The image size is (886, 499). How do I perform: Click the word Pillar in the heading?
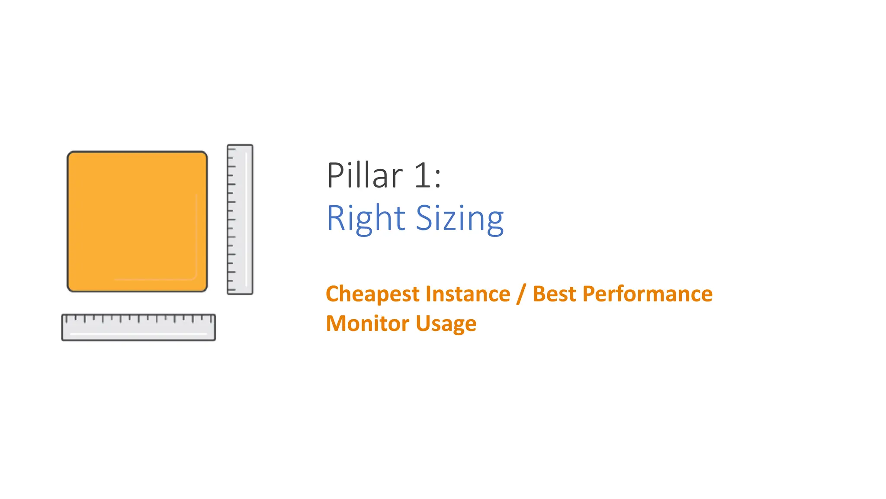click(365, 175)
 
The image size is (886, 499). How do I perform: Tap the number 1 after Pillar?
click(422, 175)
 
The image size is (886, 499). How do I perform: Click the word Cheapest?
click(372, 295)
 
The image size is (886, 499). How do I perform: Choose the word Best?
click(554, 294)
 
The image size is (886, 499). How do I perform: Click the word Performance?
click(647, 294)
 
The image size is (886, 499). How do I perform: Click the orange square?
click(137, 221)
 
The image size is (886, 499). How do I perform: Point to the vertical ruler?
click(240, 220)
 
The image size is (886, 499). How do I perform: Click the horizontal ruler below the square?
click(138, 327)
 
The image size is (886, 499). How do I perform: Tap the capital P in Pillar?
click(335, 175)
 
